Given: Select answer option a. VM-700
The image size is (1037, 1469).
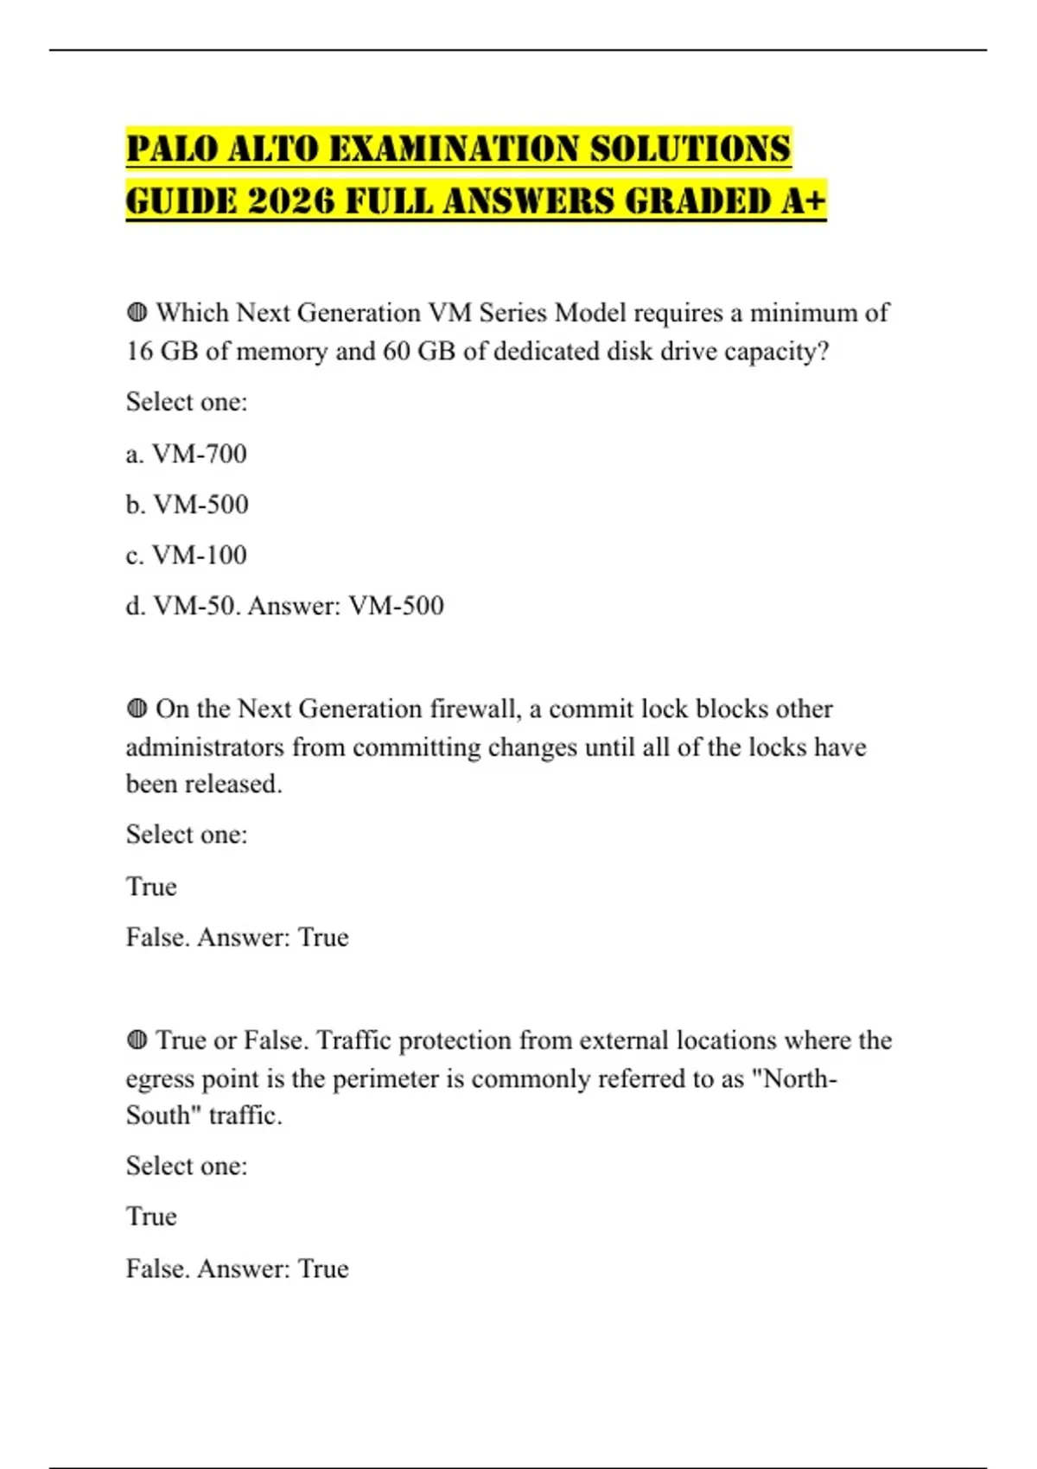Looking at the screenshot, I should pos(187,454).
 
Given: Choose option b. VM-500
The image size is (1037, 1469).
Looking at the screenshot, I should pos(188,505).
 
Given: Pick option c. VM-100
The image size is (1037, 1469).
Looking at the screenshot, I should pos(187,555).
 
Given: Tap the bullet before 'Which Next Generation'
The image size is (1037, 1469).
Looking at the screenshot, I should pos(137,313).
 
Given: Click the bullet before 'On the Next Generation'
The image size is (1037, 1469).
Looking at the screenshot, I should pos(137,709).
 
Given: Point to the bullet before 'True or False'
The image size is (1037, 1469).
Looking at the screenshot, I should pos(137,1040).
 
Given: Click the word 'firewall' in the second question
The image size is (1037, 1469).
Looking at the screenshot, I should pos(475,709).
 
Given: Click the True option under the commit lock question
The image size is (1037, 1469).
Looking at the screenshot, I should pos(151,887).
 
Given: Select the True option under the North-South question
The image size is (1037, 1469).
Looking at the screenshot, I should pos(151,1217).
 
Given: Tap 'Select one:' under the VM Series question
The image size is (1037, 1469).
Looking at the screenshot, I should pos(187,402).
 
